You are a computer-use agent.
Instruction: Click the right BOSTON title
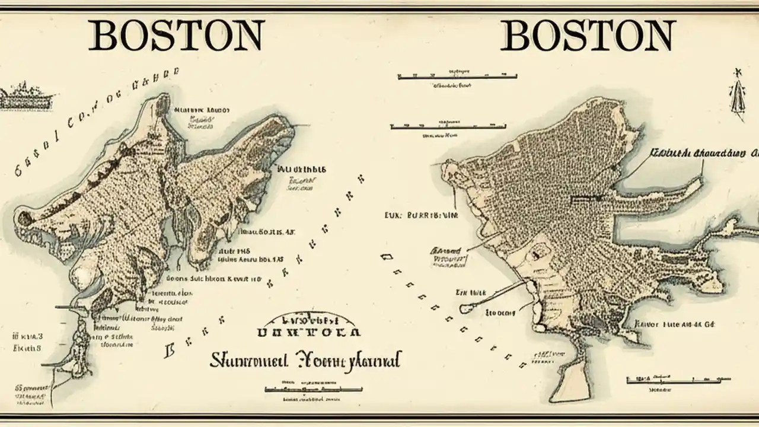pyautogui.click(x=588, y=35)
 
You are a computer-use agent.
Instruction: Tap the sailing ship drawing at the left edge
pyautogui.click(x=27, y=97)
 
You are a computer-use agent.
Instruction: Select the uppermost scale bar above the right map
pyautogui.click(x=457, y=77)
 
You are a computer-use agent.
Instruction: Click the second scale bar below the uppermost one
pyautogui.click(x=448, y=126)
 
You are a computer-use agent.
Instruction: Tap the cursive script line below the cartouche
pyautogui.click(x=305, y=359)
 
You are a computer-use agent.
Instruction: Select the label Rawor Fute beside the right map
pyautogui.click(x=674, y=324)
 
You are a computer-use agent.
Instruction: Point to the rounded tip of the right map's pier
pyautogui.click(x=465, y=309)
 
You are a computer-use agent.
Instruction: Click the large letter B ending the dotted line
pyautogui.click(x=169, y=350)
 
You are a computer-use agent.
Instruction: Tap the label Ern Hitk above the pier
pyautogui.click(x=471, y=292)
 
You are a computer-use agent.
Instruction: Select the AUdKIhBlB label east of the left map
pyautogui.click(x=301, y=169)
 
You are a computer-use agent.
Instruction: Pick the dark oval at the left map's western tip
pyautogui.click(x=25, y=218)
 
